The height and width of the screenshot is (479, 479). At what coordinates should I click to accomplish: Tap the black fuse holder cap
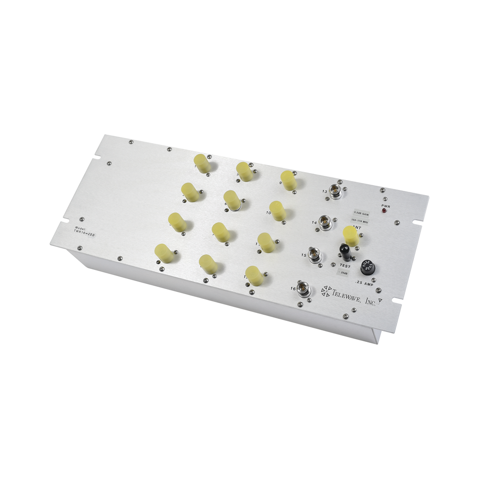click(x=367, y=269)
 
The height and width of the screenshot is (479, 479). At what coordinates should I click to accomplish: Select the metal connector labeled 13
click(x=335, y=190)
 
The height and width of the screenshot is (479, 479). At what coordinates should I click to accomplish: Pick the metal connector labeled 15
click(x=315, y=254)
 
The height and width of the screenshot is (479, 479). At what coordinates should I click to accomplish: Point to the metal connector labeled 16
click(x=305, y=289)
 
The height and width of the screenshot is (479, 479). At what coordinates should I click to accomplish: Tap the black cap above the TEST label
click(x=345, y=252)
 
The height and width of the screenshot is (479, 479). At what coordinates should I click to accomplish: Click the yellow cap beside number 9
click(x=289, y=180)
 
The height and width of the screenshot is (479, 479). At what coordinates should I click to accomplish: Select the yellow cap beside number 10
click(x=277, y=210)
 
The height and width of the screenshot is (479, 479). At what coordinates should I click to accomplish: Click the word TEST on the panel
click(x=345, y=266)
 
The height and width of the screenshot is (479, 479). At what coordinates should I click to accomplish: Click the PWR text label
click(x=386, y=205)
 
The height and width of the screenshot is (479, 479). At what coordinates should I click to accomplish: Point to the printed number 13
click(x=325, y=191)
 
